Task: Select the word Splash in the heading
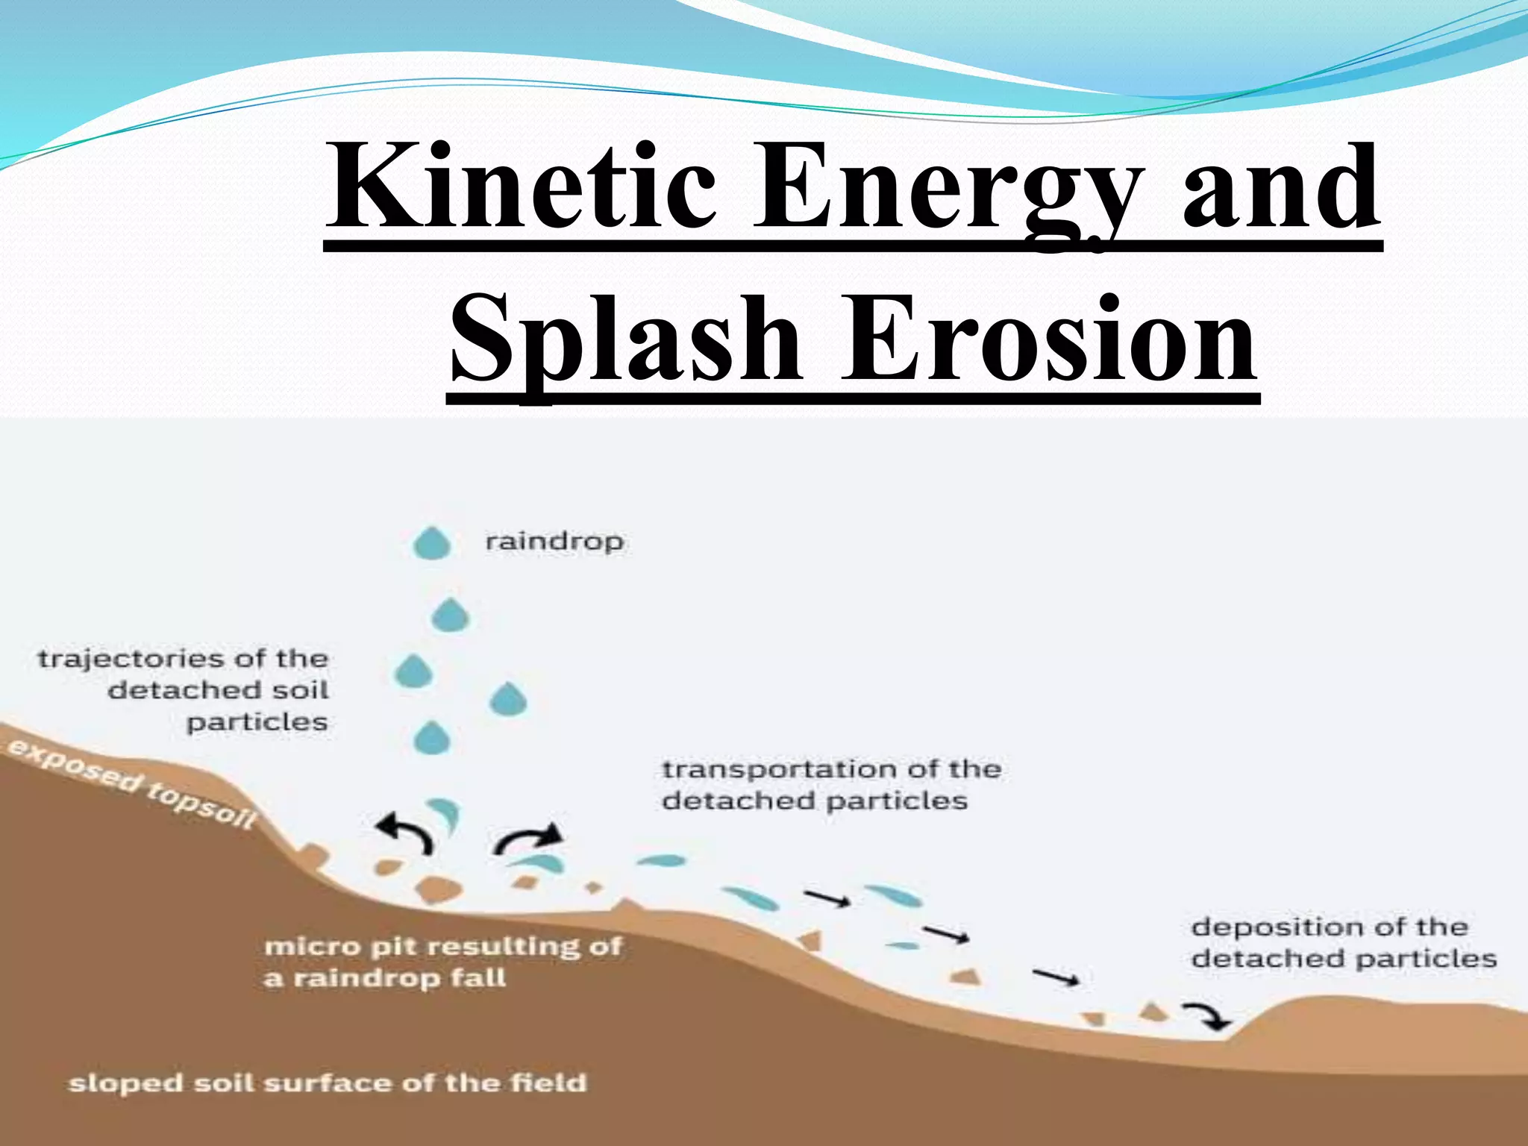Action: [625, 339]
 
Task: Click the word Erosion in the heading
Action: [1048, 339]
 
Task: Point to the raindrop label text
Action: [554, 541]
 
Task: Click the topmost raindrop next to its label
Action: [432, 543]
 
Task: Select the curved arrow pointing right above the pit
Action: [528, 839]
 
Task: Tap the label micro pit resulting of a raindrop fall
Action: [442, 962]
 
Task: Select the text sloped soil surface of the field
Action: [327, 1083]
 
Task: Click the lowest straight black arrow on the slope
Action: [1056, 977]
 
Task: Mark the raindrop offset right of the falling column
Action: [509, 699]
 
